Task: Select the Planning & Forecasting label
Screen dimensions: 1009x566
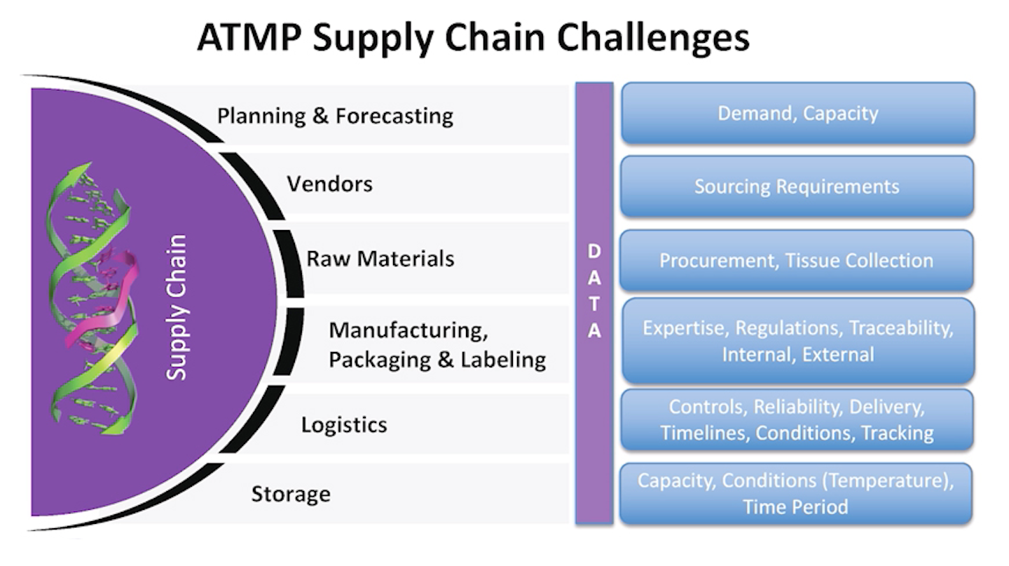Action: pos(335,116)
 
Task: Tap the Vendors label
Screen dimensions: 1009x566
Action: pos(329,184)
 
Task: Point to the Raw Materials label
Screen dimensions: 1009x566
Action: pos(380,258)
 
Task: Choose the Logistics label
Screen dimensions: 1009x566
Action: pos(344,424)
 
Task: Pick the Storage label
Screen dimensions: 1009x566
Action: pos(290,494)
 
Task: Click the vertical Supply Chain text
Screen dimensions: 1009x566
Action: pos(177,307)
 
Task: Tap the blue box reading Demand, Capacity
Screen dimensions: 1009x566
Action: pos(797,114)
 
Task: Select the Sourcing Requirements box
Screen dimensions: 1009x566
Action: pos(797,187)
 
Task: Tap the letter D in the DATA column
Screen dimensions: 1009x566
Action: pos(594,251)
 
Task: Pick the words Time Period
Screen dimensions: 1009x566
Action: pos(795,506)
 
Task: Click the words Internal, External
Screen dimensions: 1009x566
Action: pos(797,353)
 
